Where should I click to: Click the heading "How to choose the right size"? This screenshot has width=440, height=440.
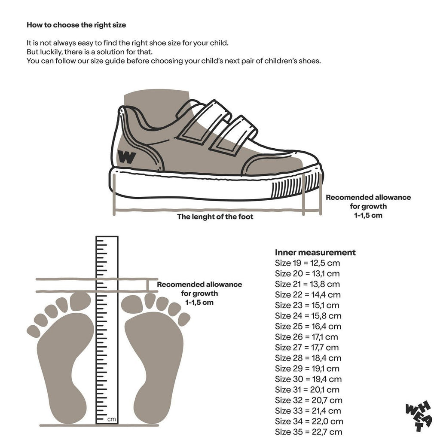click(76, 25)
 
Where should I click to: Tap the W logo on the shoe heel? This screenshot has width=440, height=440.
click(127, 157)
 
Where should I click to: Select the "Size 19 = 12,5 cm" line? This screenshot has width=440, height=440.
click(307, 263)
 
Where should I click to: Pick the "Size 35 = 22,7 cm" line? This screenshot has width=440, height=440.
click(309, 432)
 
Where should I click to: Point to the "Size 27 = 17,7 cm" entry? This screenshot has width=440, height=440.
click(307, 347)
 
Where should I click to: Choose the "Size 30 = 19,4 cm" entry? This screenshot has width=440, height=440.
click(308, 379)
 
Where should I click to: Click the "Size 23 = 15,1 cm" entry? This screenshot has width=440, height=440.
click(307, 306)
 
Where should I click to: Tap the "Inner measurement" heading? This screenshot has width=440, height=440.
click(315, 252)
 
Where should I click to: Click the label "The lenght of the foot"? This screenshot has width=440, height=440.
click(215, 217)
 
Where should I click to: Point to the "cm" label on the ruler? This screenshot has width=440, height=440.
click(111, 419)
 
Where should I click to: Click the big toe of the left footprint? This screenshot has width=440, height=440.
click(80, 301)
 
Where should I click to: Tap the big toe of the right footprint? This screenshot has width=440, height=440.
click(132, 304)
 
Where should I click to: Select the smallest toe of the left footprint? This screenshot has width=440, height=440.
click(34, 331)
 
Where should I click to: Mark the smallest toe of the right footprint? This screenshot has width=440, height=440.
click(184, 319)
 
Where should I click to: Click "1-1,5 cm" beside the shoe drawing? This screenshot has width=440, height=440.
click(368, 216)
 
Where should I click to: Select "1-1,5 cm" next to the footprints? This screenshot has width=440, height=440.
click(199, 302)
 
